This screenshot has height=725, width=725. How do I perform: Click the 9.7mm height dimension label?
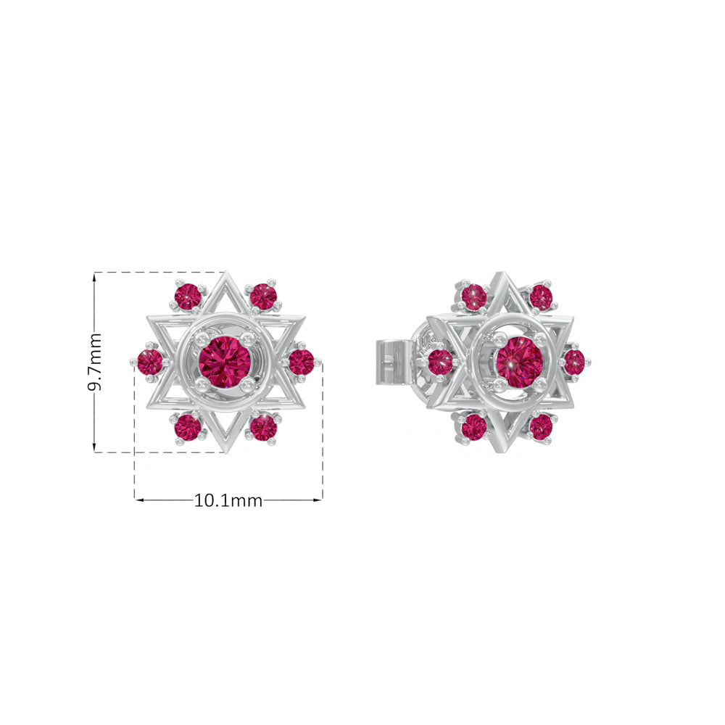click(x=95, y=362)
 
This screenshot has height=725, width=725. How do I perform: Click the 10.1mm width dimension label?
click(x=228, y=500)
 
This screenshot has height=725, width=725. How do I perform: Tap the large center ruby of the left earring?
click(x=225, y=362)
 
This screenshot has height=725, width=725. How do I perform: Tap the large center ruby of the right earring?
click(x=520, y=362)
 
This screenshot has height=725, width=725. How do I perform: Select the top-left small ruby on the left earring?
click(x=188, y=296)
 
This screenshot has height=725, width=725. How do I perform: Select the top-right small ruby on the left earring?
click(x=263, y=297)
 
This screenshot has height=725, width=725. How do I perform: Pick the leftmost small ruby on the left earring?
click(x=150, y=362)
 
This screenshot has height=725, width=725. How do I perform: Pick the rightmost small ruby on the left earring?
click(x=301, y=362)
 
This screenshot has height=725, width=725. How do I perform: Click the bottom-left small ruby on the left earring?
click(x=188, y=427)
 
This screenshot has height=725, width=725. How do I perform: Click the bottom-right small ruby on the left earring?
click(x=263, y=427)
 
